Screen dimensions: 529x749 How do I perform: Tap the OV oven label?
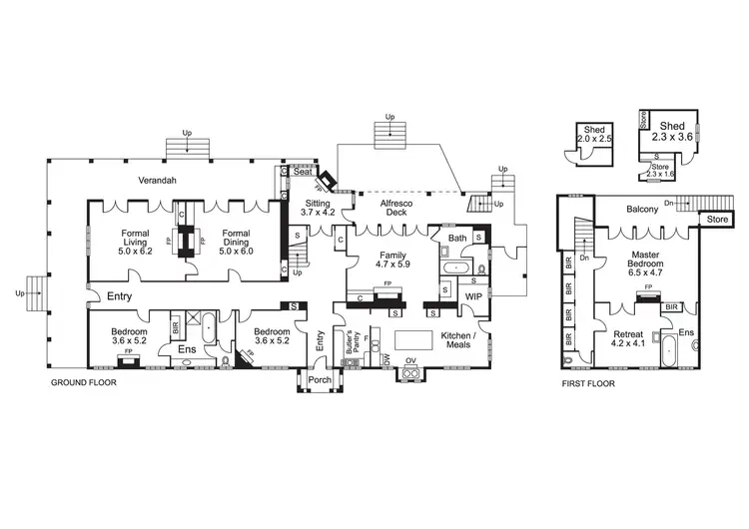coord(409,360)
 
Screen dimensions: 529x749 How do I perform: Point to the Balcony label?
coord(643,210)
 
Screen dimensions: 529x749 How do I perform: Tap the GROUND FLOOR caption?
coord(84,382)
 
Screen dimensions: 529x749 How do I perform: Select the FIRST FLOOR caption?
coord(587,382)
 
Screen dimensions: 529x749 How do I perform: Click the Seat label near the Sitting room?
coord(301,171)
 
